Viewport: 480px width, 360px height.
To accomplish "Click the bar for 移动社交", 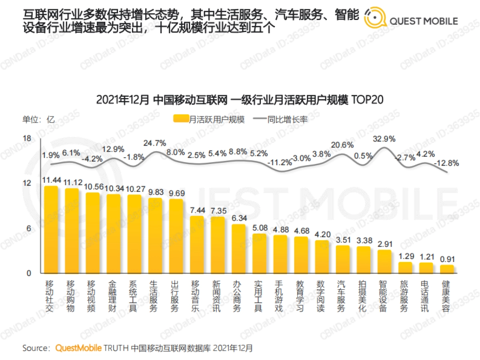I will click(51, 230).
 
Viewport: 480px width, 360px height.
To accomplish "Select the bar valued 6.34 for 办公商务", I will click(239, 249).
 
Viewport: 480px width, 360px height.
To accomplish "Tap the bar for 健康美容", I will click(447, 269).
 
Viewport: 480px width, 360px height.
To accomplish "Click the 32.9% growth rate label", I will click(384, 139).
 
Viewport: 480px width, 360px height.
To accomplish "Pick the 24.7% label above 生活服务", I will click(155, 143).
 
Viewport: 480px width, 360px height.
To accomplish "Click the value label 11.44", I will click(51, 180).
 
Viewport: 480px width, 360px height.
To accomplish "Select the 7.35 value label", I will click(218, 210).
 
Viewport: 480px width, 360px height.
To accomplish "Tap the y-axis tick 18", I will click(27, 138).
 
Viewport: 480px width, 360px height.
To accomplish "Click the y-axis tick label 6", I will click(28, 228).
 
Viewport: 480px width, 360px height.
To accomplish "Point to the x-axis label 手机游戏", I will click(280, 296).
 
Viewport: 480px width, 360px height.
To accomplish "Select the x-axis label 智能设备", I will click(384, 296).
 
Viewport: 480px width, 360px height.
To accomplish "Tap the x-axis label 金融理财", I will click(114, 296).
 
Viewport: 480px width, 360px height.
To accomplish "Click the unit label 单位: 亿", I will click(38, 120).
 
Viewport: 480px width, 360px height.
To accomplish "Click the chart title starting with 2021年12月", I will click(240, 100).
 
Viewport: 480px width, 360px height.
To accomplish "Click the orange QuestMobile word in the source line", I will click(78, 348).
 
